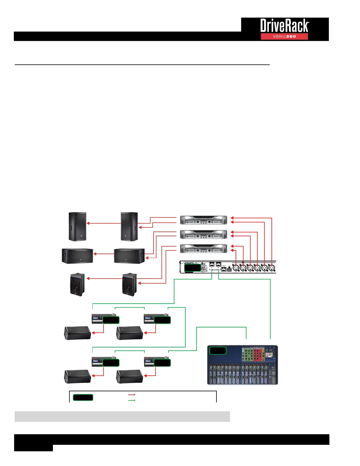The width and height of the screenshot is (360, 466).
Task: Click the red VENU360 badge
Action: [284, 36]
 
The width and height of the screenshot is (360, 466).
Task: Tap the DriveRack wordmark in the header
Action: [284, 26]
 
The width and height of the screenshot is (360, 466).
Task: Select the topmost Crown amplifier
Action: [204, 220]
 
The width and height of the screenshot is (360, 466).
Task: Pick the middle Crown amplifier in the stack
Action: [204, 234]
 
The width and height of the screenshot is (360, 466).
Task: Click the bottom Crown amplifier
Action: [204, 249]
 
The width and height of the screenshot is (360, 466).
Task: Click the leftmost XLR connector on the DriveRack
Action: [236, 268]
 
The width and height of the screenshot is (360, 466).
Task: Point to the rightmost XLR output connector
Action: [272, 268]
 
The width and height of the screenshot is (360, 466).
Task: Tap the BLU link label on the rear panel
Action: [215, 270]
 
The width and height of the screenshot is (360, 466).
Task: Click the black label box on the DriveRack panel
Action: [192, 268]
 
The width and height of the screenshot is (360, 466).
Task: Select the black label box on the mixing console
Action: [218, 350]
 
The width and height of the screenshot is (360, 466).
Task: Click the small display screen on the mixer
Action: [269, 355]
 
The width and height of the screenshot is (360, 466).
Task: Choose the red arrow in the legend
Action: [132, 395]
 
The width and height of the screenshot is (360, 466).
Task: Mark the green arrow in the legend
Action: [132, 400]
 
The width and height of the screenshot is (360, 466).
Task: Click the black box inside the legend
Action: [83, 397]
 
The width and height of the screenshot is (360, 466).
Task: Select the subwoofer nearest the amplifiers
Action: [129, 256]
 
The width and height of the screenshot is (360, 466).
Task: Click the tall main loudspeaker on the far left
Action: [77, 227]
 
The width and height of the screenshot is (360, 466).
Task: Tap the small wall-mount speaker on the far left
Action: [77, 284]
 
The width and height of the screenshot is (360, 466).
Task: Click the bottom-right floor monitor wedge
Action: [130, 377]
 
